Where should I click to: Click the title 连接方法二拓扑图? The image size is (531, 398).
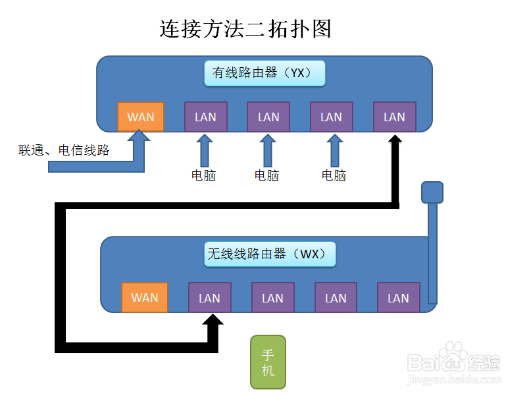tap(245, 29)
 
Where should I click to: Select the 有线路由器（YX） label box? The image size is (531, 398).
tap(265, 73)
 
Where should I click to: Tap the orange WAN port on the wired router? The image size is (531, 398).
tap(140, 117)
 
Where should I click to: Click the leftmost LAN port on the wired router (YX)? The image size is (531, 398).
tap(205, 117)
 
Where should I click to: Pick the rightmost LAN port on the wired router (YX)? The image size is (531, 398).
tap(394, 117)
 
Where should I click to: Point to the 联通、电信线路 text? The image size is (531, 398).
tap(64, 150)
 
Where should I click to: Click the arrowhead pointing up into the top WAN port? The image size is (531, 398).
tap(139, 137)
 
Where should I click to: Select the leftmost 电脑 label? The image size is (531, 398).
tap(203, 175)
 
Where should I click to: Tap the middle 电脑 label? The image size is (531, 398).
tap(266, 175)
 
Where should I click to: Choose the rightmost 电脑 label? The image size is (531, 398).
tap(334, 175)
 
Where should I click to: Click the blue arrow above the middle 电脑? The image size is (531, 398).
tap(267, 150)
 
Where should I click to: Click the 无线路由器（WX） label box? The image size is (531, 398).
tap(270, 254)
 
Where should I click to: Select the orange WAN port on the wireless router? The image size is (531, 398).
tap(144, 297)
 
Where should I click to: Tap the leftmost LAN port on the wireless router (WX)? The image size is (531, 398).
tap(209, 298)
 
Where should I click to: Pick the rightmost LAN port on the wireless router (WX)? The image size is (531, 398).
tap(398, 298)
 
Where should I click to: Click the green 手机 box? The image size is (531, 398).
tap(267, 362)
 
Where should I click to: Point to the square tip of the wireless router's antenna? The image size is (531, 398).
tap(432, 192)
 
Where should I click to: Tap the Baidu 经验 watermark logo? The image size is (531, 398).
tap(453, 362)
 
